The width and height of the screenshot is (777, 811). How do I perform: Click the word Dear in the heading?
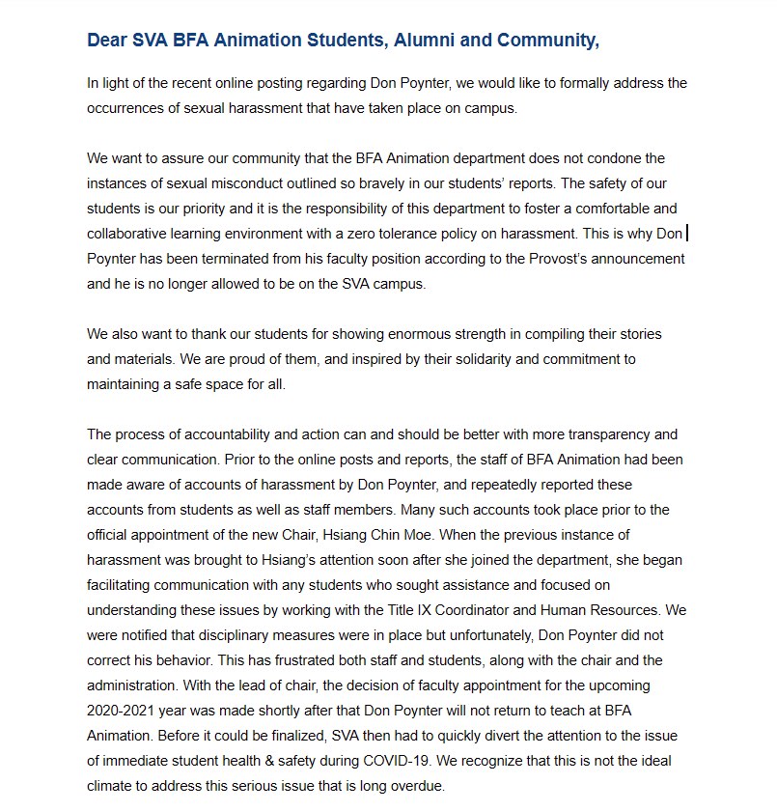[108, 41]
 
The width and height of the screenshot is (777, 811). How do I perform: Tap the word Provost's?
[528, 259]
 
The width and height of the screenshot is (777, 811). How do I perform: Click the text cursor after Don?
[686, 233]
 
